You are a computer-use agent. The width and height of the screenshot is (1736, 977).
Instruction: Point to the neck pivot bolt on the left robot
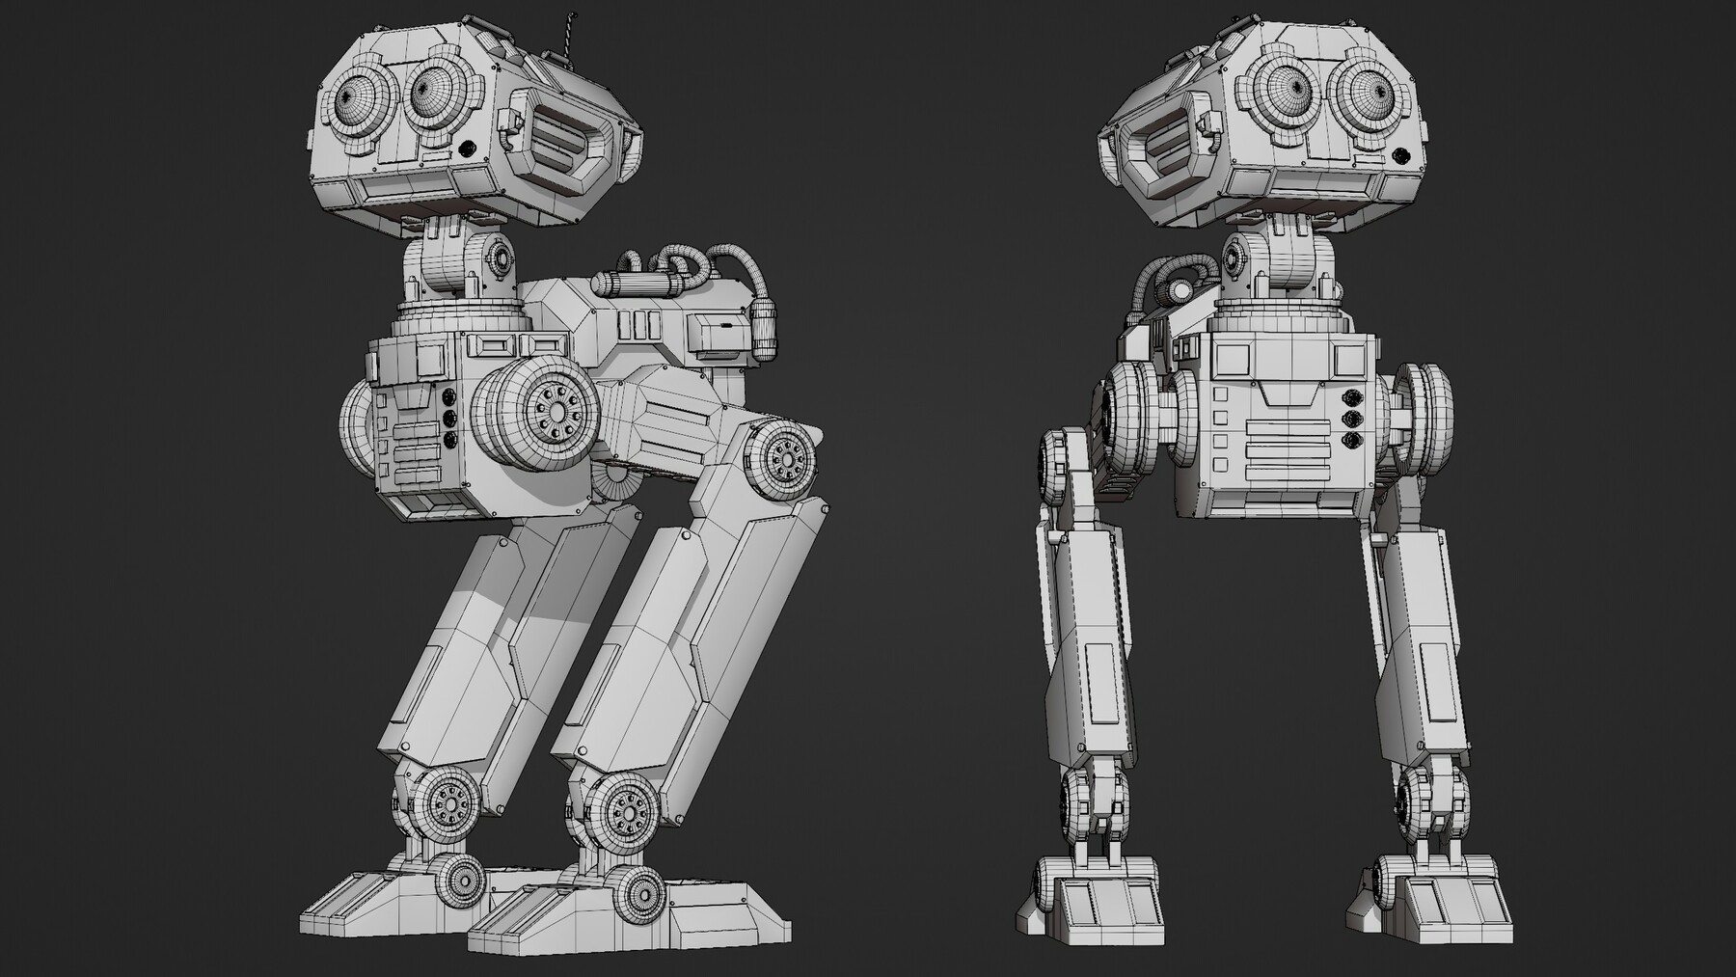(x=501, y=258)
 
